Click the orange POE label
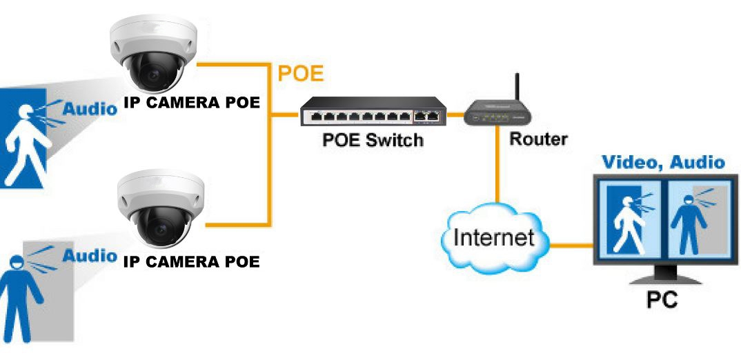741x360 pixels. click(x=301, y=74)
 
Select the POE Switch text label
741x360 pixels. click(x=373, y=140)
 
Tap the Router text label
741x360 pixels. click(x=538, y=139)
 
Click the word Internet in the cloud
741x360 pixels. click(x=494, y=237)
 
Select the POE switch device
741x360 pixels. click(x=373, y=112)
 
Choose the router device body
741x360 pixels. click(x=497, y=114)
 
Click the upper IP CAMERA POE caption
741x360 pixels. click(x=192, y=103)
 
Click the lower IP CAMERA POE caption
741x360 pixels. click(x=192, y=261)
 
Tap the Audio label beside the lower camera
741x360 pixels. click(x=90, y=255)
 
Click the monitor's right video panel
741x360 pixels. click(x=695, y=218)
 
